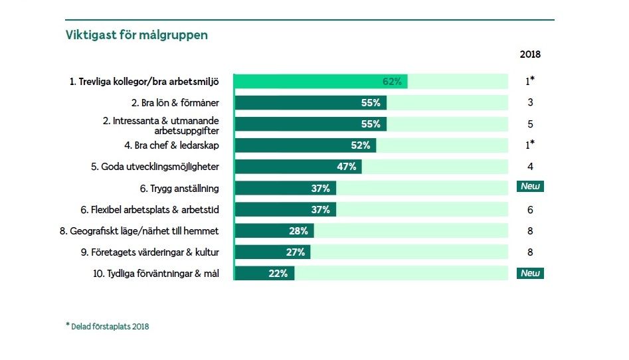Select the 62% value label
(392, 82)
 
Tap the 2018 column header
(530, 55)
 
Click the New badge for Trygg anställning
(530, 187)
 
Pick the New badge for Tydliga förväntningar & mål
(530, 273)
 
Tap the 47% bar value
(347, 167)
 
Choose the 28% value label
(298, 231)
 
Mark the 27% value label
(295, 252)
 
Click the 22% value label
(278, 274)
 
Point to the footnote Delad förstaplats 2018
(107, 326)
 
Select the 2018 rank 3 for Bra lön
(530, 103)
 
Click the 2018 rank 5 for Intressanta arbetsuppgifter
(530, 124)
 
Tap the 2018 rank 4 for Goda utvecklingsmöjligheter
(530, 167)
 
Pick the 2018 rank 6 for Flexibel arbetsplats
(530, 210)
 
